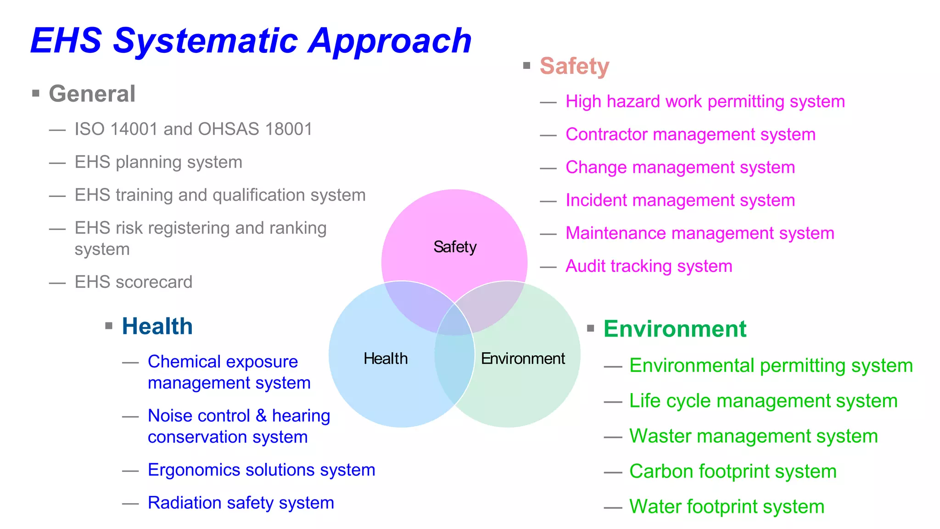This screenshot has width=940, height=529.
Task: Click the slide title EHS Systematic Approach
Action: (251, 41)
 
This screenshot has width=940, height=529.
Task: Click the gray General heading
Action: (92, 94)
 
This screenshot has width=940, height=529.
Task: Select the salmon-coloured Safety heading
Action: (574, 66)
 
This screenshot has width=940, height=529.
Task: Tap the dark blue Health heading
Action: (157, 326)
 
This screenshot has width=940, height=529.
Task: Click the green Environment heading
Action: (675, 329)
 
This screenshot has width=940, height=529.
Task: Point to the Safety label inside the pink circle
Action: (455, 247)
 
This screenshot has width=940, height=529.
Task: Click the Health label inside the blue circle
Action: (386, 359)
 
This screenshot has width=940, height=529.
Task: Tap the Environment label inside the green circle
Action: (523, 359)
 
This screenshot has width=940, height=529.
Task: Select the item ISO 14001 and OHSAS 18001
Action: (193, 129)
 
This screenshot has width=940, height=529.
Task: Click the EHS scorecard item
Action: (133, 282)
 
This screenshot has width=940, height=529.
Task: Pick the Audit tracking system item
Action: (649, 266)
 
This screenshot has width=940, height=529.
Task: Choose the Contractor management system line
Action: (690, 135)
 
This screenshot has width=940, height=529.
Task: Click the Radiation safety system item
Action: (241, 503)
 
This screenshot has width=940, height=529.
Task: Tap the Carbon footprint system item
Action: (733, 472)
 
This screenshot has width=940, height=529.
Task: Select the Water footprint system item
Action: (727, 507)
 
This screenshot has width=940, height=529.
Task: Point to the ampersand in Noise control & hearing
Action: (261, 416)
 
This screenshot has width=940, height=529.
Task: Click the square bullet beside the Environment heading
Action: (591, 328)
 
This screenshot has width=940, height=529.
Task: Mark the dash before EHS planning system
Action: (57, 163)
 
